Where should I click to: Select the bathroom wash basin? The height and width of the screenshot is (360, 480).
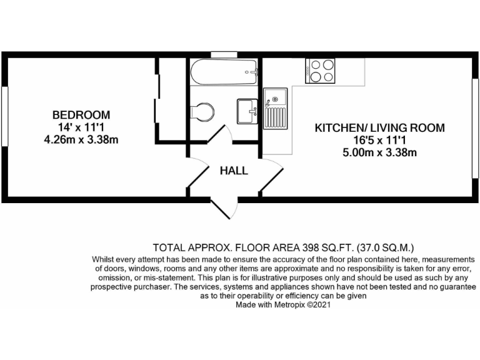pos(247,111)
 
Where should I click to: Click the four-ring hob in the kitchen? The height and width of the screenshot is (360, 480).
pos(320,70)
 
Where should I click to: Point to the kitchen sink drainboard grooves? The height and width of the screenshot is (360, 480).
pos(274,117)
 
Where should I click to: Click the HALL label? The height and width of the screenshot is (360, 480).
pos(233,170)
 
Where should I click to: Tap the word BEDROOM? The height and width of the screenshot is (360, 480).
pos(81,115)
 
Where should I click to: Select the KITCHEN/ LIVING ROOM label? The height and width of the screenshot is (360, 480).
pos(379,128)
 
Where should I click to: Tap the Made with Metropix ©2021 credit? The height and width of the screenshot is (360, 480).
pos(282,306)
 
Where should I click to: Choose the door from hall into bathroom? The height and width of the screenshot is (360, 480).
pos(219,135)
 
